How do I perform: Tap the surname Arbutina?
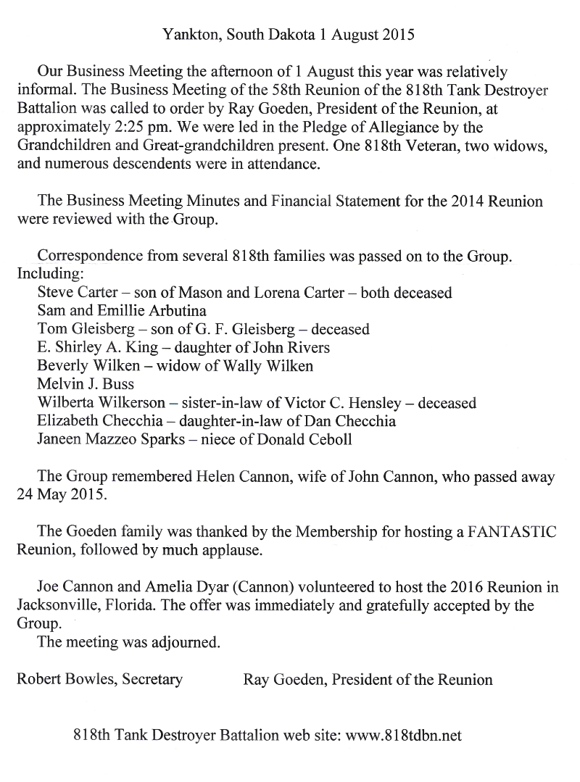pyautogui.click(x=161, y=311)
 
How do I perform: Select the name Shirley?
pyautogui.click(x=75, y=347)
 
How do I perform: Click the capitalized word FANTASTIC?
pyautogui.click(x=513, y=532)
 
